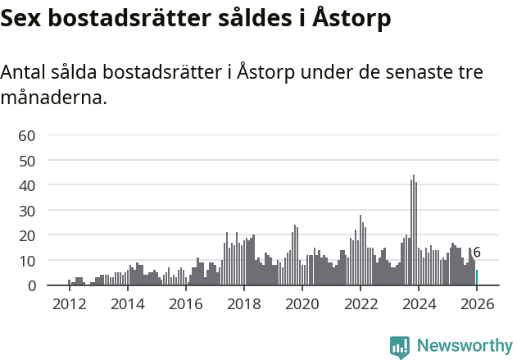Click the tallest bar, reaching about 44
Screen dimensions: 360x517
414,230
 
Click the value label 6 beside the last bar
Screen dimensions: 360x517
477,253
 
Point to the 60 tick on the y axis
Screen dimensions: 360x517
27,135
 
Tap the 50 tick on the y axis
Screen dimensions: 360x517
27,161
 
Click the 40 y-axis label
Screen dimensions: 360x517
27,185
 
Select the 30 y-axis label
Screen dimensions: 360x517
27,211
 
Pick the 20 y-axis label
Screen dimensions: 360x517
27,235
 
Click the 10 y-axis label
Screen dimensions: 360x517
27,261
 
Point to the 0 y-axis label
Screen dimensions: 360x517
31,285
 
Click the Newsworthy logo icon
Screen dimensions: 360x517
400,347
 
